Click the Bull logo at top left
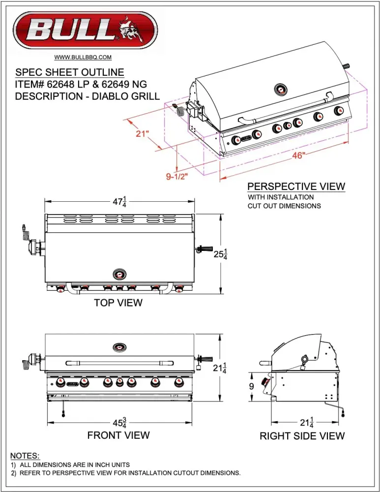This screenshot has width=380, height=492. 85,31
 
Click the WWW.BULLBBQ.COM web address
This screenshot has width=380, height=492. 83,57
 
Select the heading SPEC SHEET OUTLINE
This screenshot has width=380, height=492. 70,72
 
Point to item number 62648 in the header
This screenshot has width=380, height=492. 60,84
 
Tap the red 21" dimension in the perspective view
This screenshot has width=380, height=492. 142,134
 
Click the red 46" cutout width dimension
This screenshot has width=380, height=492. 299,155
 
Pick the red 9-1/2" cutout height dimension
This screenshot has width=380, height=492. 177,176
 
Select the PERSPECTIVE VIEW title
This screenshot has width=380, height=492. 296,186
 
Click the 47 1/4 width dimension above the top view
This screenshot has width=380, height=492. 119,201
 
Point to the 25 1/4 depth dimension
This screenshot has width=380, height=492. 220,254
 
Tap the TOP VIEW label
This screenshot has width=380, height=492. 118,303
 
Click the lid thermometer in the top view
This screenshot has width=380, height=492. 120,274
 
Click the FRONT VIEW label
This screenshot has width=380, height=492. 118,435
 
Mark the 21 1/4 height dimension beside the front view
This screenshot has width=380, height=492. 220,368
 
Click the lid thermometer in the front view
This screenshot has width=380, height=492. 120,347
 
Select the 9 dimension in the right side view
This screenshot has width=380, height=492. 252,386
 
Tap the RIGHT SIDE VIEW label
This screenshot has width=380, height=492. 302,436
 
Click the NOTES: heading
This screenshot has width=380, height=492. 25,456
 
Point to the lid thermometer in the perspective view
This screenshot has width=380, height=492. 281,90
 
